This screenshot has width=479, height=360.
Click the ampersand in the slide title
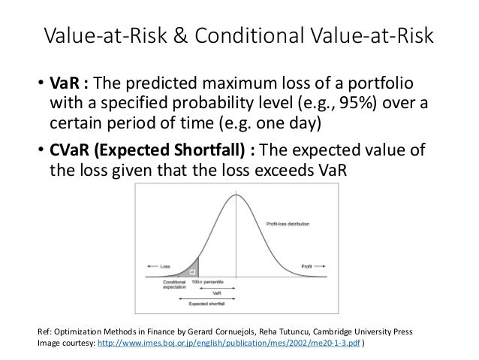[x=194, y=36]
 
